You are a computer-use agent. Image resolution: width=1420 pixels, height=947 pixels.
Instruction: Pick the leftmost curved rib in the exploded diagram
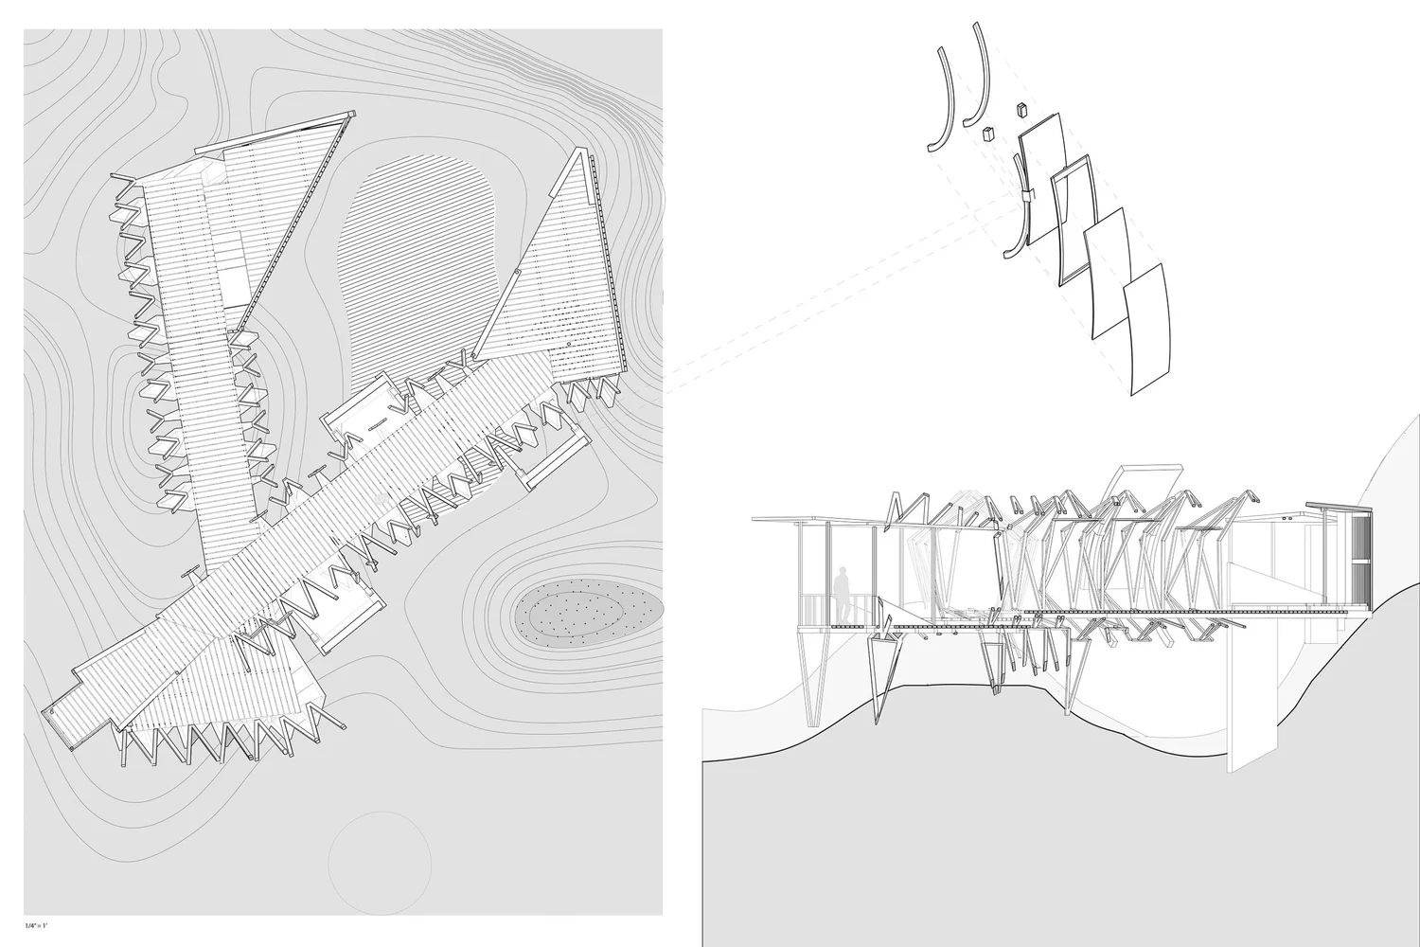937,99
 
